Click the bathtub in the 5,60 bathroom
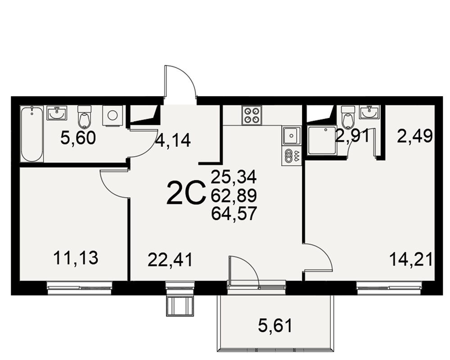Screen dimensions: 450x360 pyautogui.click(x=32, y=134)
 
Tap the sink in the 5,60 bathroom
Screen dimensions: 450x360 pyautogui.click(x=57, y=113)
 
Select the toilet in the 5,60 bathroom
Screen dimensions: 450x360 pyautogui.click(x=85, y=117)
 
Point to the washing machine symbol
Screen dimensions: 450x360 pyautogui.click(x=112, y=116)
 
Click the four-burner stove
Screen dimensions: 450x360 pyautogui.click(x=252, y=115)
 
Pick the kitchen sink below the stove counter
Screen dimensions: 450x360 pyautogui.click(x=291, y=135)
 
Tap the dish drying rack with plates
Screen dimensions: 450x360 pyautogui.click(x=291, y=155)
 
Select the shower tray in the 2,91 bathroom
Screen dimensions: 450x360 pyautogui.click(x=321, y=141)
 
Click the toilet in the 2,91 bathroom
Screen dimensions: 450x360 pyautogui.click(x=348, y=117)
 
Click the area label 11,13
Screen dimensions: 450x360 pyautogui.click(x=76, y=258)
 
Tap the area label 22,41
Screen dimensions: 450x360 pyautogui.click(x=170, y=260)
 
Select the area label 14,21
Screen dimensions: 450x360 pyautogui.click(x=411, y=259)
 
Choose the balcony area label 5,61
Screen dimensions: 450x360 pyautogui.click(x=275, y=326)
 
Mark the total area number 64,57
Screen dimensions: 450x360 pyautogui.click(x=234, y=214)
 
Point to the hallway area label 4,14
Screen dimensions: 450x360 pyautogui.click(x=173, y=141)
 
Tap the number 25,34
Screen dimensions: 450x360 pyautogui.click(x=234, y=177)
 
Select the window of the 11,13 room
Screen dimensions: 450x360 pyautogui.click(x=80, y=288)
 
